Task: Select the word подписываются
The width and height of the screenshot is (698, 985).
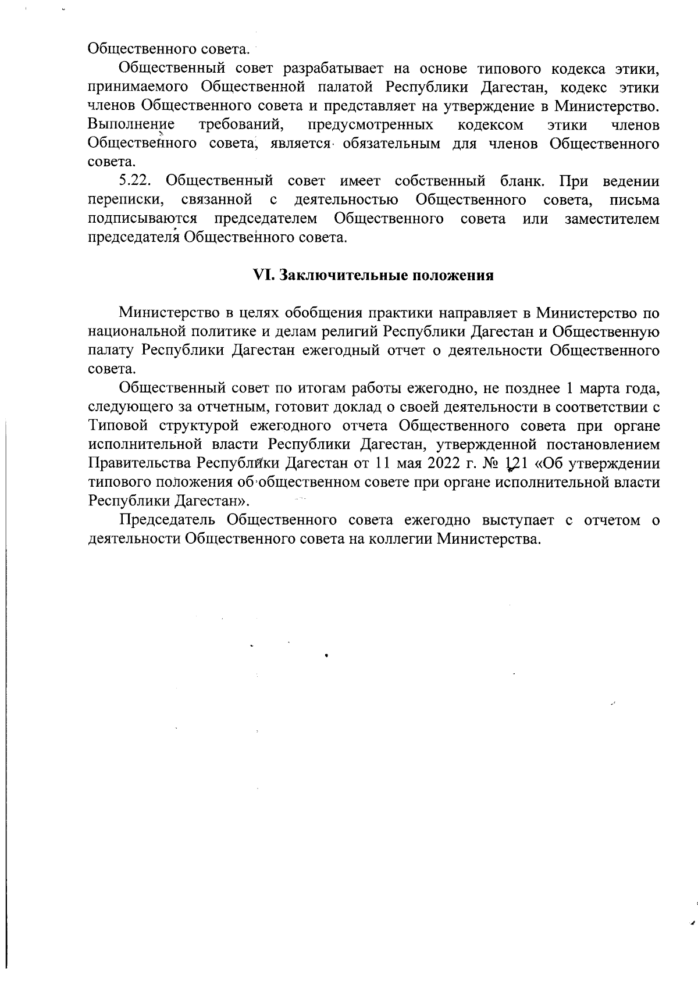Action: click(143, 219)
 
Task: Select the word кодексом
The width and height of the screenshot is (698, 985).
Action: click(490, 124)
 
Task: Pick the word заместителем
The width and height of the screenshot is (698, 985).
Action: click(612, 219)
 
